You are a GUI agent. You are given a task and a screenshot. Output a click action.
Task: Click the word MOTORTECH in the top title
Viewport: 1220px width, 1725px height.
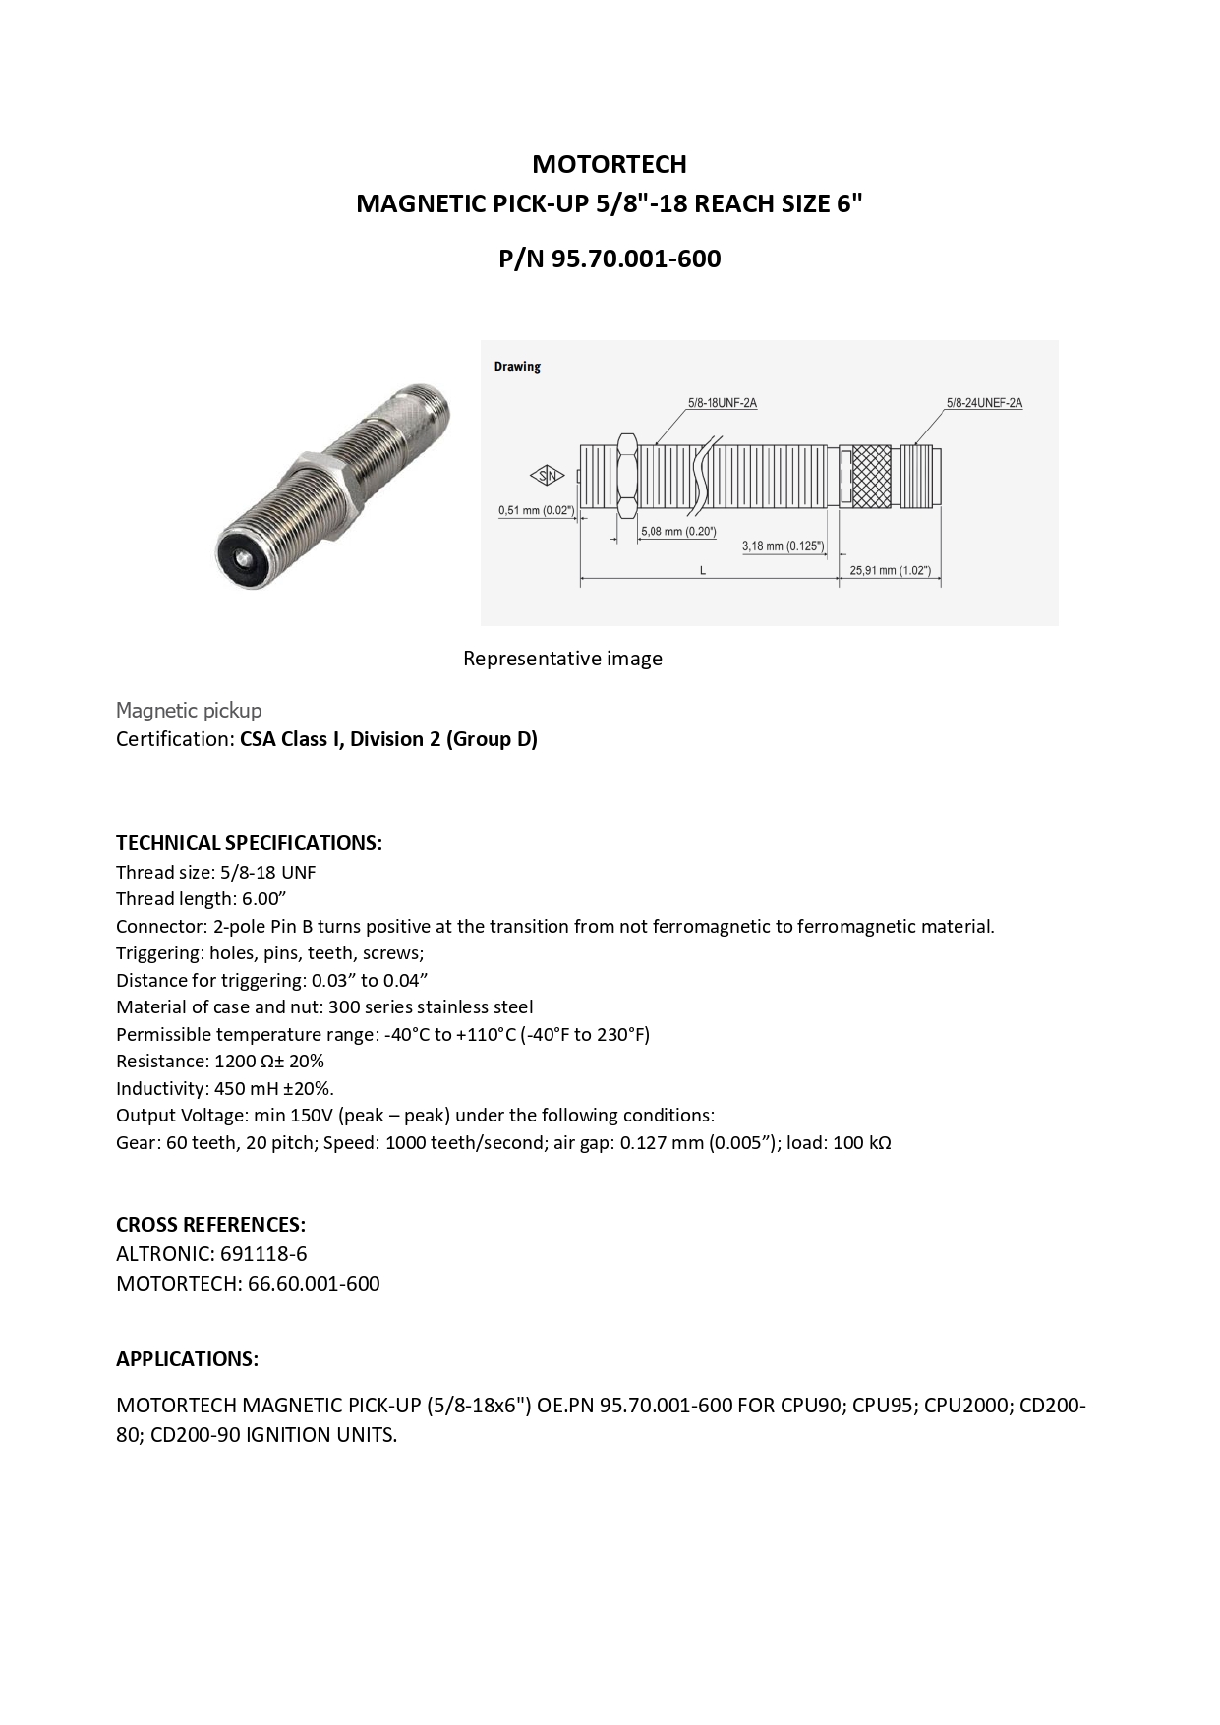click(x=609, y=164)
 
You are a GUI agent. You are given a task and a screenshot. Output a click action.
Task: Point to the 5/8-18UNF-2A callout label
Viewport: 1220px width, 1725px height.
click(x=722, y=403)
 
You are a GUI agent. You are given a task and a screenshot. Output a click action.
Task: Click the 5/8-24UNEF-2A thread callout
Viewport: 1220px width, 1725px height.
click(x=984, y=403)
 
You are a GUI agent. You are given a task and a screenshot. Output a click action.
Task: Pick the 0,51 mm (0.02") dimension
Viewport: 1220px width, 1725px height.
click(x=536, y=510)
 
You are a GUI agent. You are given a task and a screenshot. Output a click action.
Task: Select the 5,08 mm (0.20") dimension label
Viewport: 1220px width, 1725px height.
click(x=678, y=532)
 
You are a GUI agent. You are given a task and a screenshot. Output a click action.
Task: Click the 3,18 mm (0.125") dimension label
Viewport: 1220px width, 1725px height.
click(x=784, y=546)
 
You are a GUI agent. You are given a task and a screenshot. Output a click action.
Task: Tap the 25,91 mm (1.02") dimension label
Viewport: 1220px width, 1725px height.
click(x=890, y=571)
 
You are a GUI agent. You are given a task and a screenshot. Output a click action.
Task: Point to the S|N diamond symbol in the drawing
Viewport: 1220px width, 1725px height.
click(x=548, y=477)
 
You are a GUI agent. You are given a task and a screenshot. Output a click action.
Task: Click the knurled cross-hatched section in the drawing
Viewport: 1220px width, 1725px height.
click(x=870, y=477)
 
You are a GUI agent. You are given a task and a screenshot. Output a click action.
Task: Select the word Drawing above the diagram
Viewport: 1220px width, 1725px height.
click(x=517, y=367)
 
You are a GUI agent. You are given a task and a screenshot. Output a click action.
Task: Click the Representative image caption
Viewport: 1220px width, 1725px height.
click(x=562, y=659)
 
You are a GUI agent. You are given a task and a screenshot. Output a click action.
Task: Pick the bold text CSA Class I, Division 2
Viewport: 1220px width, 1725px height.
click(x=388, y=739)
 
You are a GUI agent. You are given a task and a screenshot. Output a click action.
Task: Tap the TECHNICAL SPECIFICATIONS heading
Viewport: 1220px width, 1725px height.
click(x=249, y=843)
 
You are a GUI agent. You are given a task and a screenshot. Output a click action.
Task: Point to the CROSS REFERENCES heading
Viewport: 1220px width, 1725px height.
click(x=210, y=1225)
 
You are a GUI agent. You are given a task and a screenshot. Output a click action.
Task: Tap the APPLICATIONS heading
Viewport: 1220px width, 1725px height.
click(x=187, y=1359)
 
